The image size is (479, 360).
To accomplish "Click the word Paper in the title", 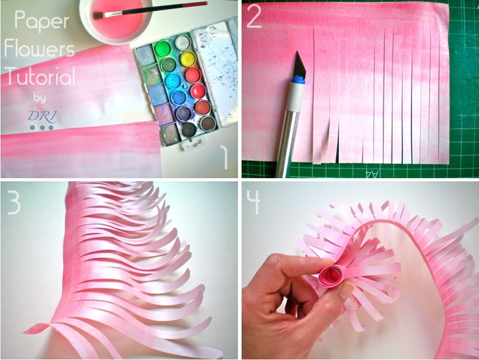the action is coord(42,21).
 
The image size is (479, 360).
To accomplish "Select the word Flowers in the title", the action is coord(39,49).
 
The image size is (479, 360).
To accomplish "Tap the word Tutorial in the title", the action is coord(40,76).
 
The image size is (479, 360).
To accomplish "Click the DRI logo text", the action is coord(42,116).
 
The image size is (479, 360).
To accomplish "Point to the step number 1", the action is coord(224,157).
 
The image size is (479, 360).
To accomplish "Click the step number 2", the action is coord(254,16).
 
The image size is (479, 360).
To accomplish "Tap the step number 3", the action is coord(14,202).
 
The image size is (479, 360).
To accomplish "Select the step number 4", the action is coord(253,202).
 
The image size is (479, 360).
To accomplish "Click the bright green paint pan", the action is coord(163,49).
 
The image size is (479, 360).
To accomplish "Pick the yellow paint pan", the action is coord(188,59).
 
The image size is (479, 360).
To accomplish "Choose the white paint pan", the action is coord(183,42).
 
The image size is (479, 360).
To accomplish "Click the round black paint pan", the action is coord(188,129).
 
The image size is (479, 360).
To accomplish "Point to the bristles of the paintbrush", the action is coord(99,14).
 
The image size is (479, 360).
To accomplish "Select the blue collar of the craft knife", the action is coord(298,79).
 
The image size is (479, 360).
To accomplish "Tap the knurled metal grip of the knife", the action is coord(296,97).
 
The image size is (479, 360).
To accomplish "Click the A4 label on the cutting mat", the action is coord(372,174).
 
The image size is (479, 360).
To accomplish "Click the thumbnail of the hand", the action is coord(346,292).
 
